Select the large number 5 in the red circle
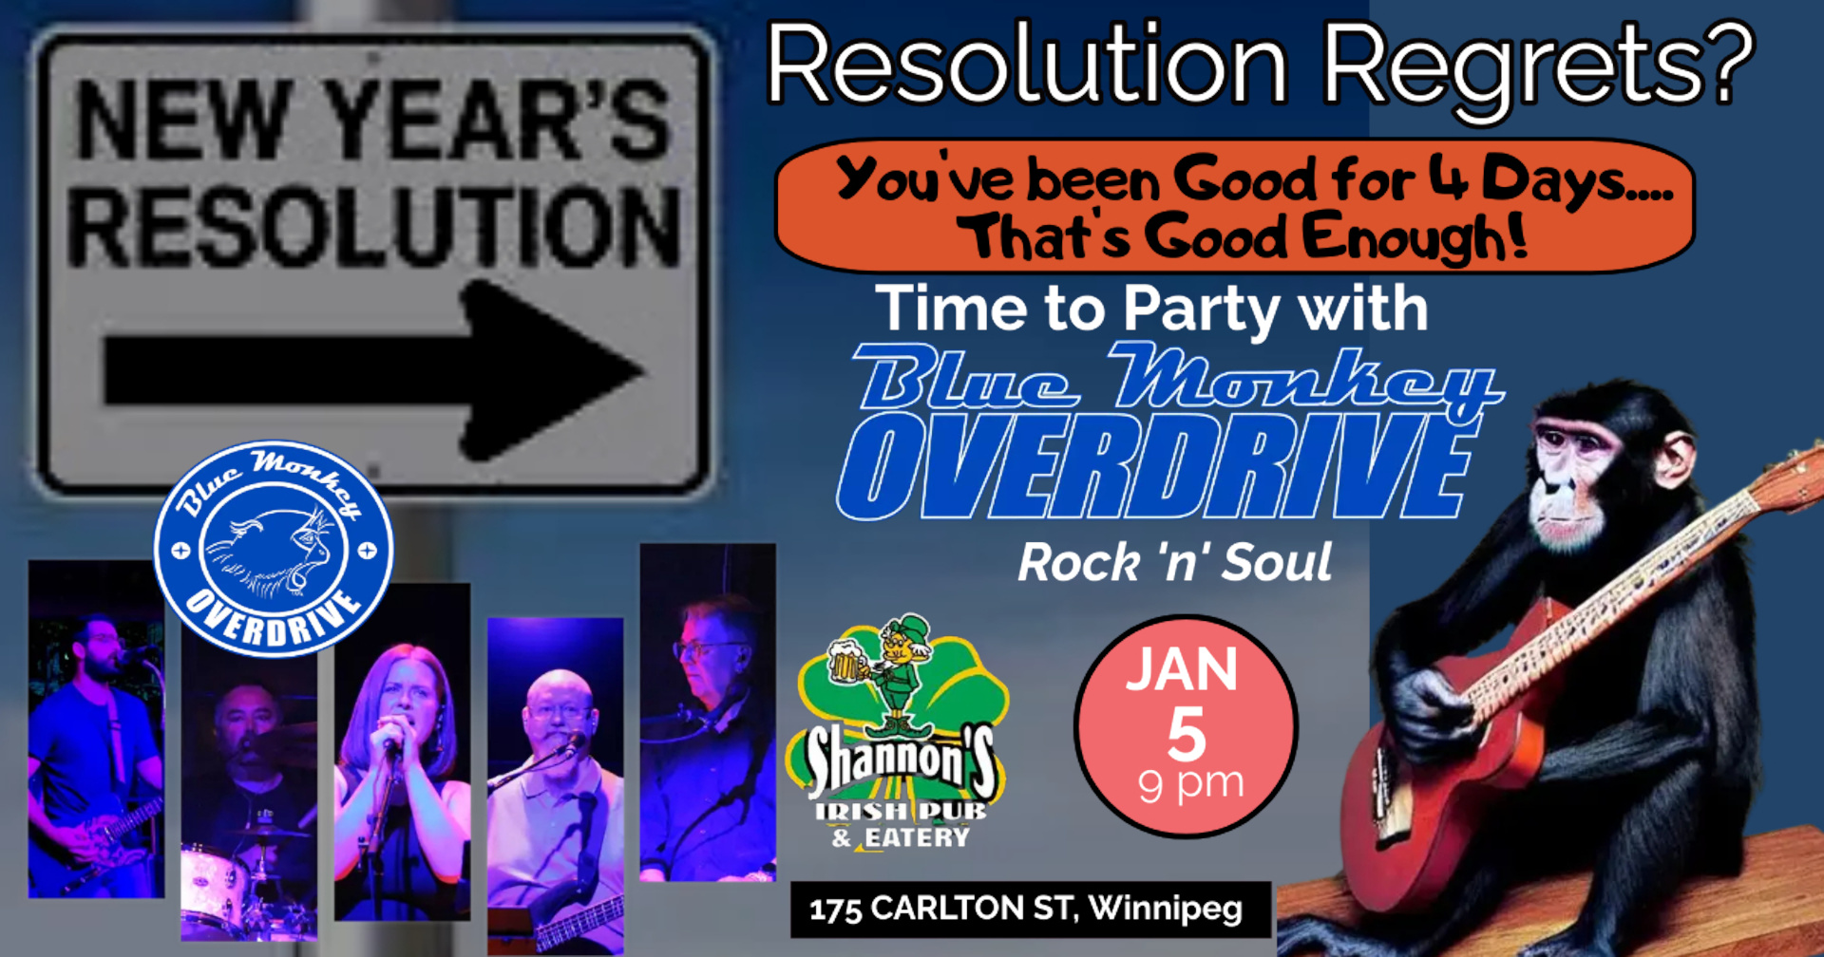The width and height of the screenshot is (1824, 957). click(1187, 733)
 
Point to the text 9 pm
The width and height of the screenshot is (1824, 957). click(1191, 784)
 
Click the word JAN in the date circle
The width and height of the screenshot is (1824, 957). click(1183, 669)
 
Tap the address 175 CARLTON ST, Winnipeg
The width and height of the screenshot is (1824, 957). click(1026, 909)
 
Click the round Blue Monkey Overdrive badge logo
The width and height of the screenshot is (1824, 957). click(274, 549)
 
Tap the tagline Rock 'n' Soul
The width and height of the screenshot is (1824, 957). click(1174, 562)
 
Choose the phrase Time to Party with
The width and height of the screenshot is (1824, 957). click(1151, 310)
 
